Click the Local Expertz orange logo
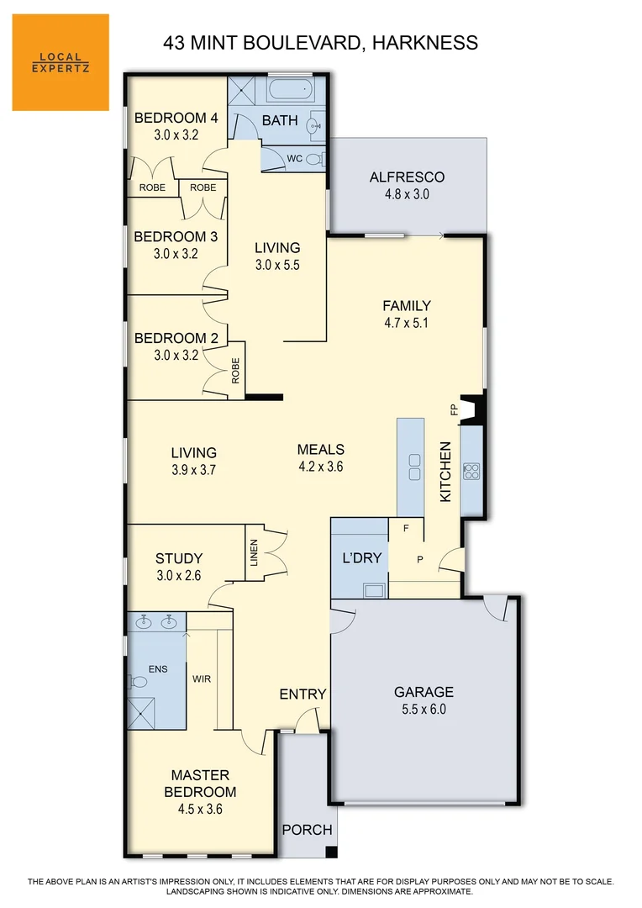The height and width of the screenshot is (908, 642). tap(61, 62)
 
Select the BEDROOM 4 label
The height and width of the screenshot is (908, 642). tap(176, 118)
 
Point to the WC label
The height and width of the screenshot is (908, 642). tap(294, 158)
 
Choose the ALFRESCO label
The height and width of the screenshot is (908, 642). tap(407, 177)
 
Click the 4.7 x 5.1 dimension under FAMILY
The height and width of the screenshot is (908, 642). tap(407, 322)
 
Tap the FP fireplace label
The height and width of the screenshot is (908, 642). tap(455, 410)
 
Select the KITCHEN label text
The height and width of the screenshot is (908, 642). tap(446, 472)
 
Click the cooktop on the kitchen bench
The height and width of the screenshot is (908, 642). tap(471, 471)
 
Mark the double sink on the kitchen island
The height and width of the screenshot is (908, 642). tap(414, 467)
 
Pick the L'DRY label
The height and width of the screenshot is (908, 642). tap(362, 557)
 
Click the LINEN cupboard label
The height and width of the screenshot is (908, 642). tap(255, 552)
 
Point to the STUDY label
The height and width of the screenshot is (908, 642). tap(179, 558)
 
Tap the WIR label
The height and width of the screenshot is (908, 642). tap(202, 678)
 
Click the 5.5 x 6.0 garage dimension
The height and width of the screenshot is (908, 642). tap(424, 709)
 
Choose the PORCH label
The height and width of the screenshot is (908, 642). tap(307, 830)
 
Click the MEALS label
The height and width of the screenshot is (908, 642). tap(320, 450)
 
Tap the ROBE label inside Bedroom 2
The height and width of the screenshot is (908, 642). tap(235, 371)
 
